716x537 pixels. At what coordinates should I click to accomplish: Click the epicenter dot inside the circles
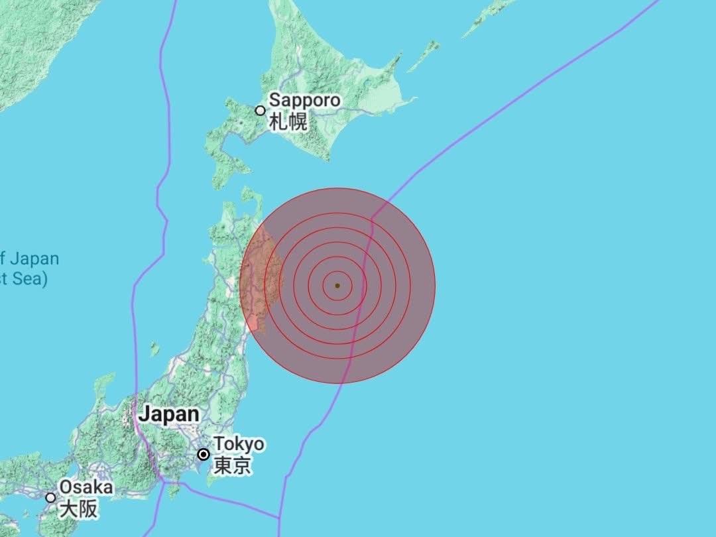click(337, 286)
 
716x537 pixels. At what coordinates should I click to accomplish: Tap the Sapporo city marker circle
click(261, 111)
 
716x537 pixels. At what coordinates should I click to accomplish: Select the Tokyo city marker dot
click(204, 454)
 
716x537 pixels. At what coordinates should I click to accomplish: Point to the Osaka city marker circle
click(50, 497)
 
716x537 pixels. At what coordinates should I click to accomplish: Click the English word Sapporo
click(305, 101)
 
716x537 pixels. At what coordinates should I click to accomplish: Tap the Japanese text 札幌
click(288, 122)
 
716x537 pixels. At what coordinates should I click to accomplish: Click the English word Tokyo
click(238, 444)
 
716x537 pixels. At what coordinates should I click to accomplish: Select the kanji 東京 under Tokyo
click(232, 465)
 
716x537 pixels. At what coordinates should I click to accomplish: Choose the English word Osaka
click(86, 487)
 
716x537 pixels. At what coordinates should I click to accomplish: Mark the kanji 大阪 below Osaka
click(78, 509)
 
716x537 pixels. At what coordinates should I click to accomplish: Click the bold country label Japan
click(168, 414)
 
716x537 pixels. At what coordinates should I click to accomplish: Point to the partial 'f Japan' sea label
click(30, 258)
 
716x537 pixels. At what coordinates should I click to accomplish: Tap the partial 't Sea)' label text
click(24, 279)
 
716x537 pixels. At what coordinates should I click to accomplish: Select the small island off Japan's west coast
click(154, 348)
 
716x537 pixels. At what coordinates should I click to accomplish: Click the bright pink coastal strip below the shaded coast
click(253, 323)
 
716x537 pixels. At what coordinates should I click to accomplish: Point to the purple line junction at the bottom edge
click(279, 516)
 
